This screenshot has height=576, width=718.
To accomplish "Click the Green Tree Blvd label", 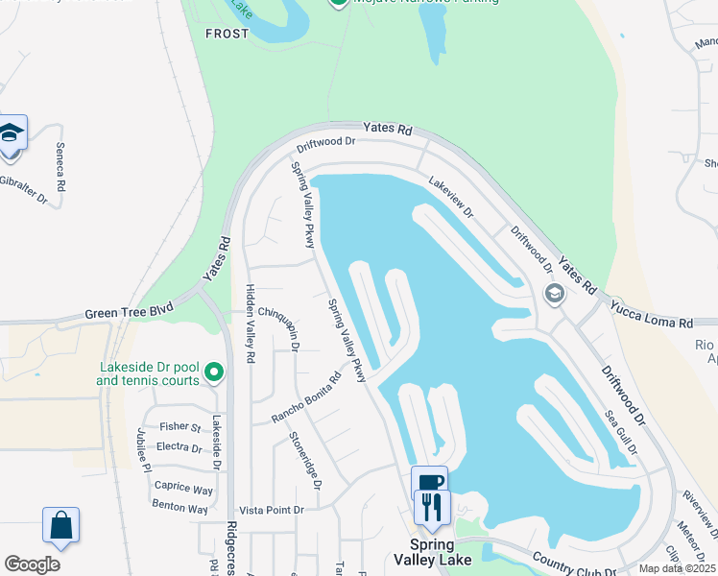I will (129, 312).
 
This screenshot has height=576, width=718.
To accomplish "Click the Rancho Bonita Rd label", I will (306, 397).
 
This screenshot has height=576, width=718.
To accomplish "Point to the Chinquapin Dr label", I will (280, 327).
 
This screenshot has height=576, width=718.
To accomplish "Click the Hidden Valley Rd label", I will (251, 323).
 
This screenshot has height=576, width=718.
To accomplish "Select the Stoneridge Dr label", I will (305, 460).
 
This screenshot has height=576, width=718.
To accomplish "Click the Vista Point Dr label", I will (272, 510).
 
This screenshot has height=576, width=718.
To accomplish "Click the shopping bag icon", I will (60, 525).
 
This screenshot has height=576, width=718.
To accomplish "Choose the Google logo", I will (32, 564).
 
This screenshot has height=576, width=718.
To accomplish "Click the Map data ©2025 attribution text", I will (677, 568).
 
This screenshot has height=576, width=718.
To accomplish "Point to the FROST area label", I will (227, 34).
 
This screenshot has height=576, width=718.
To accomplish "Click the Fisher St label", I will (179, 427).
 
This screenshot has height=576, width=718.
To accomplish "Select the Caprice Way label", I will (183, 489).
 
